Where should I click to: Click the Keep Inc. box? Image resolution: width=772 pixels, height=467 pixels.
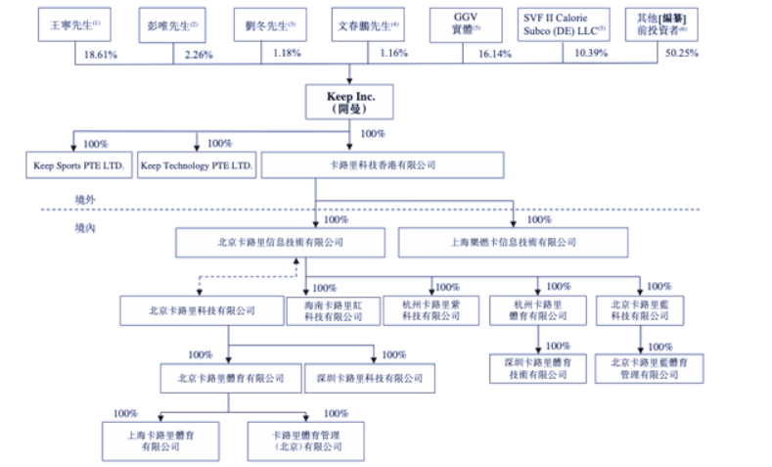point(351,102)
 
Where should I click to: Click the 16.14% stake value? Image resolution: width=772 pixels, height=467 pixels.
point(495,54)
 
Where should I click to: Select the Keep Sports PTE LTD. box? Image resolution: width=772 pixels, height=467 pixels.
point(77,165)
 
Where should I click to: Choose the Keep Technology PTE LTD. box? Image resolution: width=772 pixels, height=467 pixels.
point(197,165)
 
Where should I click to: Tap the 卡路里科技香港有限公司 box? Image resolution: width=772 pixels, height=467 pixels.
point(382,165)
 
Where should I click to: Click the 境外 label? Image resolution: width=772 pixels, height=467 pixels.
point(87,199)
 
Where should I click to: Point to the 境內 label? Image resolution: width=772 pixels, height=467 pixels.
point(87,227)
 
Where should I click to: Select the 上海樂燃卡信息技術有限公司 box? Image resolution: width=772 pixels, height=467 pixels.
point(513,241)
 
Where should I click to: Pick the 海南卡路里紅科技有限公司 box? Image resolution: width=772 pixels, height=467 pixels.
point(326,310)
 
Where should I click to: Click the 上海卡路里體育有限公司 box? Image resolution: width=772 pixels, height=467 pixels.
point(159,441)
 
